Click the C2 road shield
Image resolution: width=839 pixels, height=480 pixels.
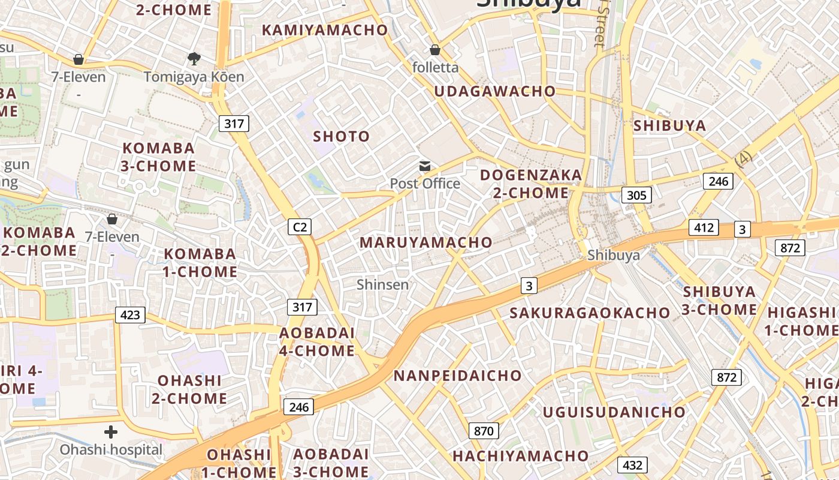coord(300,226)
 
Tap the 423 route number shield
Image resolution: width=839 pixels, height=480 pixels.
coord(130,314)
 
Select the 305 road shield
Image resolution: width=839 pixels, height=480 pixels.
coord(636,194)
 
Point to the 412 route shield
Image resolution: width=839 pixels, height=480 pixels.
coord(704,227)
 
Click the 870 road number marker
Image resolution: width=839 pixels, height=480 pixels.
coord(483,430)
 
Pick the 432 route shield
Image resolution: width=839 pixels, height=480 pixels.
coord(632,464)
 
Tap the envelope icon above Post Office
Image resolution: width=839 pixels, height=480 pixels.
coord(425,166)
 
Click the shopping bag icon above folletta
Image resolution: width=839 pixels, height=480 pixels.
coord(435,50)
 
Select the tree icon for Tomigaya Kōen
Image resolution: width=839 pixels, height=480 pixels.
coord(194,59)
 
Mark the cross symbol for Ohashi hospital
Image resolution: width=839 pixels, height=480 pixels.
coord(111,431)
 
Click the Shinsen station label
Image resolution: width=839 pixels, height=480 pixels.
coord(382,284)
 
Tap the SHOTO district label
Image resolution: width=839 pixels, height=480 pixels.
coord(342,136)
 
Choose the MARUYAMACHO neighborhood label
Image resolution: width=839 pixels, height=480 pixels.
coord(425,242)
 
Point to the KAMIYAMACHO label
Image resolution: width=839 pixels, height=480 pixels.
coord(325,29)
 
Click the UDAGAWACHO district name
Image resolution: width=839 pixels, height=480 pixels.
coord(495,91)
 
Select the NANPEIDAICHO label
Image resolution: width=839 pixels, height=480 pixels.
coord(458,376)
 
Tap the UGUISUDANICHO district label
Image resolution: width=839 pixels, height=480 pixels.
coord(614,412)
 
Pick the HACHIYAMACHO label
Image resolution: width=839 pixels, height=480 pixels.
coord(520,456)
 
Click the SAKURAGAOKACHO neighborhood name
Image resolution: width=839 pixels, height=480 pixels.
coord(590,313)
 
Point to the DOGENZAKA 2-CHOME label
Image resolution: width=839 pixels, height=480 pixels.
coord(531,184)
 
